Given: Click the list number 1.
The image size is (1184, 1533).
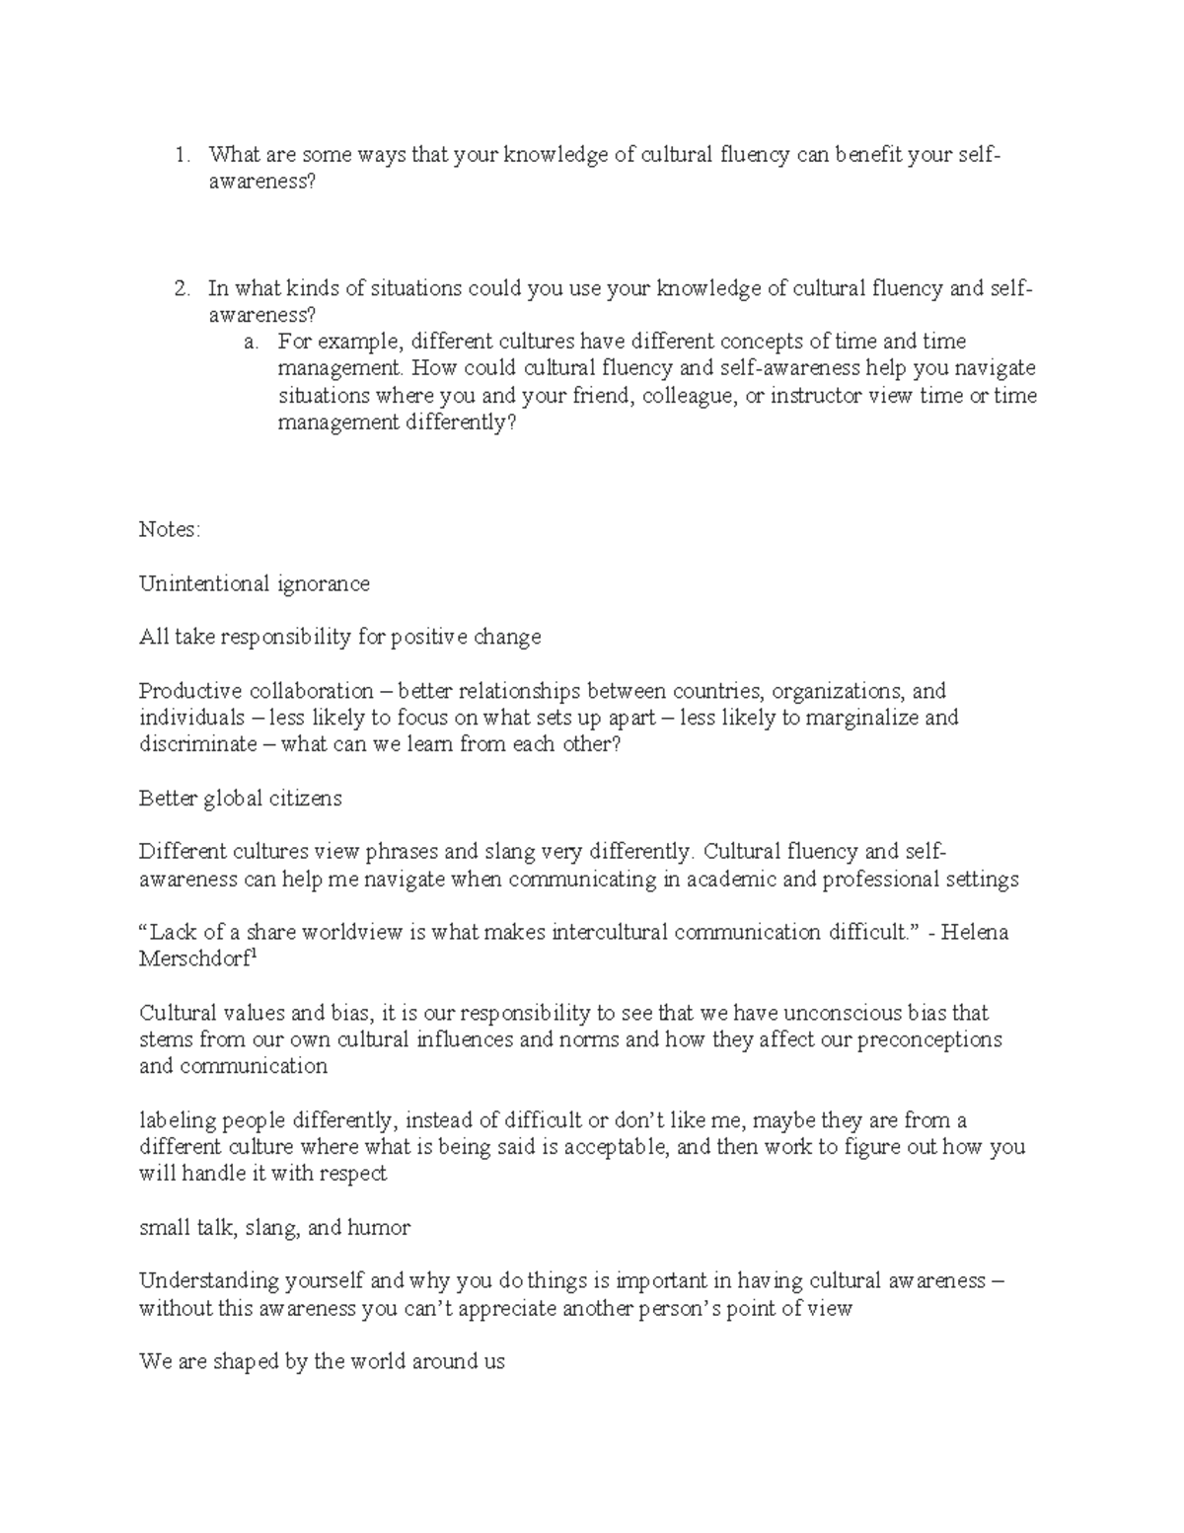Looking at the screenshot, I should pos(180,155).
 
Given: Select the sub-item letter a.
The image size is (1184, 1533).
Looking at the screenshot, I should pos(252,343).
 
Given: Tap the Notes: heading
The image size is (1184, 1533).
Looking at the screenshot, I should pos(170,530).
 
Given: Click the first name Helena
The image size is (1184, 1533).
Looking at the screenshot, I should pos(975,932).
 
